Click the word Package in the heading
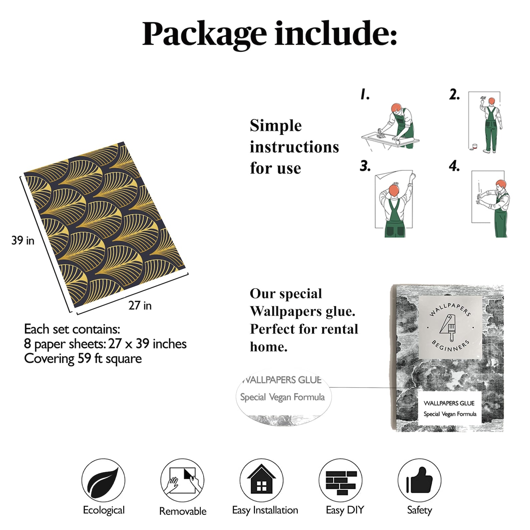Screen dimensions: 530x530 click(x=204, y=34)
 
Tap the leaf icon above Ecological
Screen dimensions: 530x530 click(x=103, y=480)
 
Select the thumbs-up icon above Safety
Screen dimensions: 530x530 click(x=419, y=480)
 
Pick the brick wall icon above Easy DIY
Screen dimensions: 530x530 click(x=340, y=481)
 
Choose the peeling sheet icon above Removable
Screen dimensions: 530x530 click(x=182, y=480)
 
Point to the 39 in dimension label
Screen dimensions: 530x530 click(x=23, y=240)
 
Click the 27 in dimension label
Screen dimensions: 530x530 click(x=140, y=305)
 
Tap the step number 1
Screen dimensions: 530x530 click(x=365, y=94)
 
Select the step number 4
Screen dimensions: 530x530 click(x=454, y=166)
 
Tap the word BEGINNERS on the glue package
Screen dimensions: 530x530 click(x=451, y=346)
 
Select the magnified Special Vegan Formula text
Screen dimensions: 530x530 click(x=282, y=397)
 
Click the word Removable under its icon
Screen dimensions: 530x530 click(x=183, y=511)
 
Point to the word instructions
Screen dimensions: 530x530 click(x=294, y=147)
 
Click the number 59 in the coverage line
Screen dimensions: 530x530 click(x=84, y=358)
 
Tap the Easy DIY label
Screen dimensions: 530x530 click(x=345, y=510)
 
